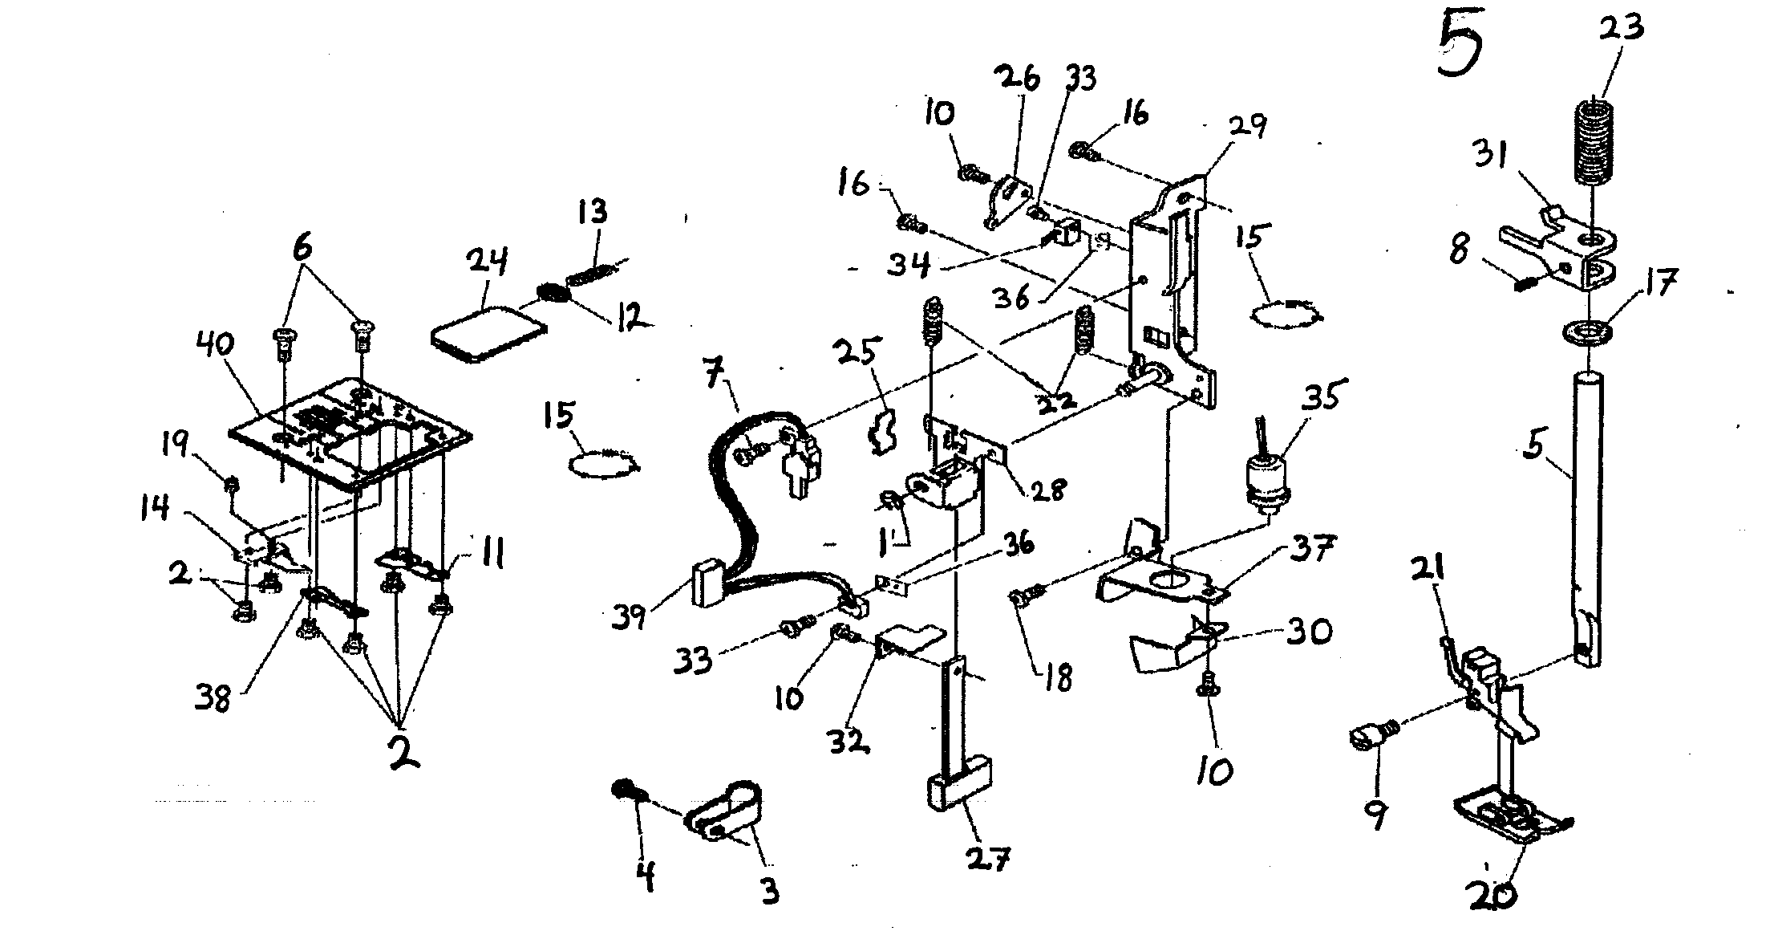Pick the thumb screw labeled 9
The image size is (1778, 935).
tap(1373, 734)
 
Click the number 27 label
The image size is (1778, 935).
tap(989, 858)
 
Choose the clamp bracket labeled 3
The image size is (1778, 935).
tap(726, 813)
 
